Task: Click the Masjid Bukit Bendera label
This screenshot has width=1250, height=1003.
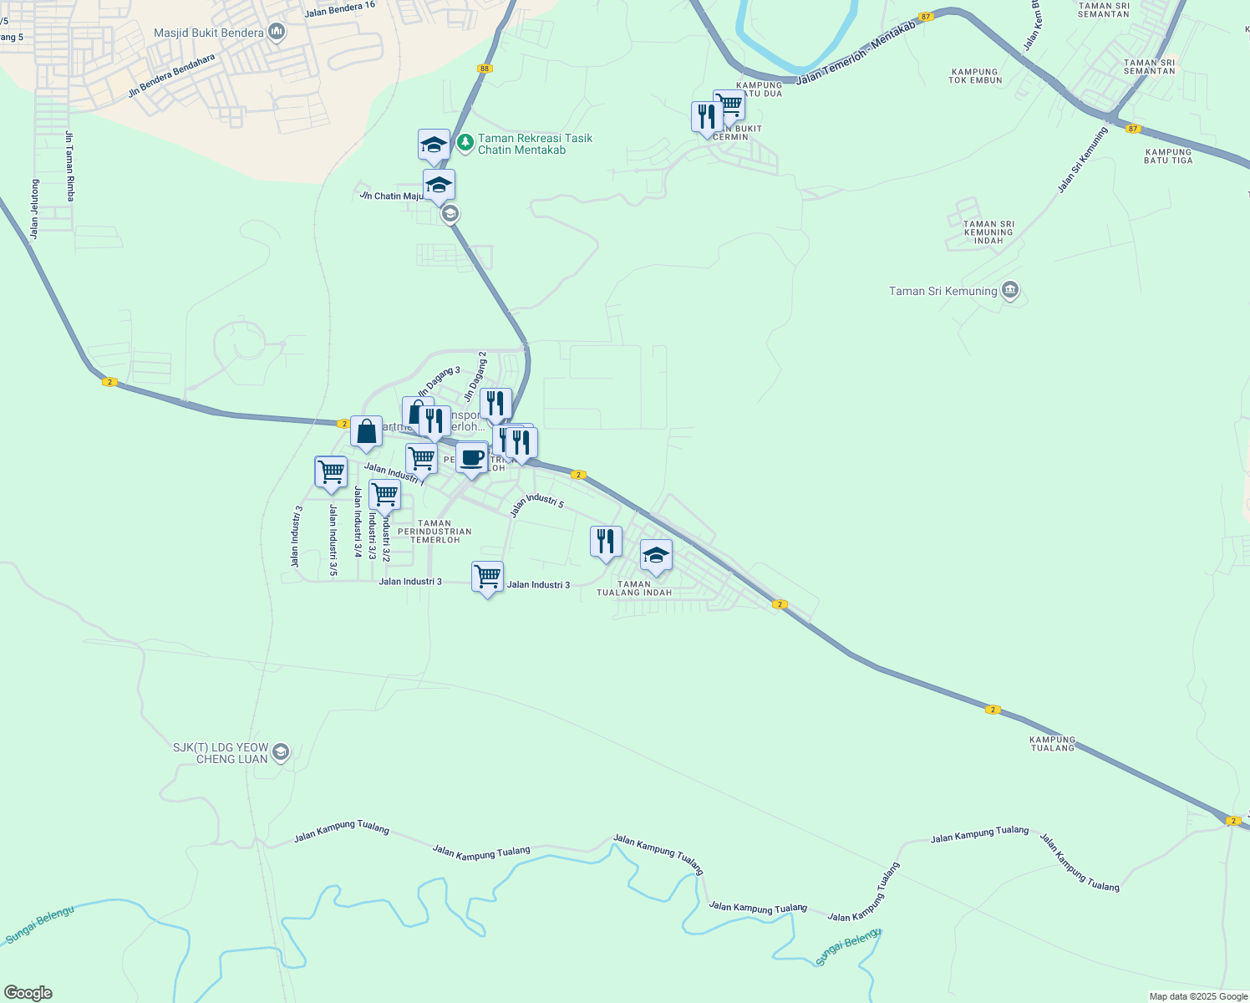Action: pos(209,33)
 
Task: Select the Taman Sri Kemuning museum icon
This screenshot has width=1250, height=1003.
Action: pos(1010,291)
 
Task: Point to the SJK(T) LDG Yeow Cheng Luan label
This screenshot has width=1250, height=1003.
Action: pos(221,753)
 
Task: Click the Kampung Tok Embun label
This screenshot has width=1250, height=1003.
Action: pos(974,76)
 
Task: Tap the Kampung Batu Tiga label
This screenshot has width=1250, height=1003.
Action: pos(1168,156)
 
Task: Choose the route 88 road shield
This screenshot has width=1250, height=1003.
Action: pos(485,69)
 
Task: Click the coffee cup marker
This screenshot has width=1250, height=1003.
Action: pos(472,459)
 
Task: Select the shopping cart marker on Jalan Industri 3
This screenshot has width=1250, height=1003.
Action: pos(487,578)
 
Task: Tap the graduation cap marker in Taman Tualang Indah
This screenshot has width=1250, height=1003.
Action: pos(656,556)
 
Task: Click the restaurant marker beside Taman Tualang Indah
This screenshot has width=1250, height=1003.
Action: pos(606,542)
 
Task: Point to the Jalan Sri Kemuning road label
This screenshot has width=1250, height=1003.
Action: pos(1082,160)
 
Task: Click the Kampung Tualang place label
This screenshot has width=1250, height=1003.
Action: pos(1053,744)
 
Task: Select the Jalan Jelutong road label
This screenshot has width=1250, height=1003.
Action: pos(34,209)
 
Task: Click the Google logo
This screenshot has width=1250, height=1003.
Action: pos(28,993)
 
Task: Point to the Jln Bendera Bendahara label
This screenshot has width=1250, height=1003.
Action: pos(171,76)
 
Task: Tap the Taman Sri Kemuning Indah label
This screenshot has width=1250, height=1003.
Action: pos(988,232)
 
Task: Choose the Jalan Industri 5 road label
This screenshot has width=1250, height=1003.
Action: pos(537,504)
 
